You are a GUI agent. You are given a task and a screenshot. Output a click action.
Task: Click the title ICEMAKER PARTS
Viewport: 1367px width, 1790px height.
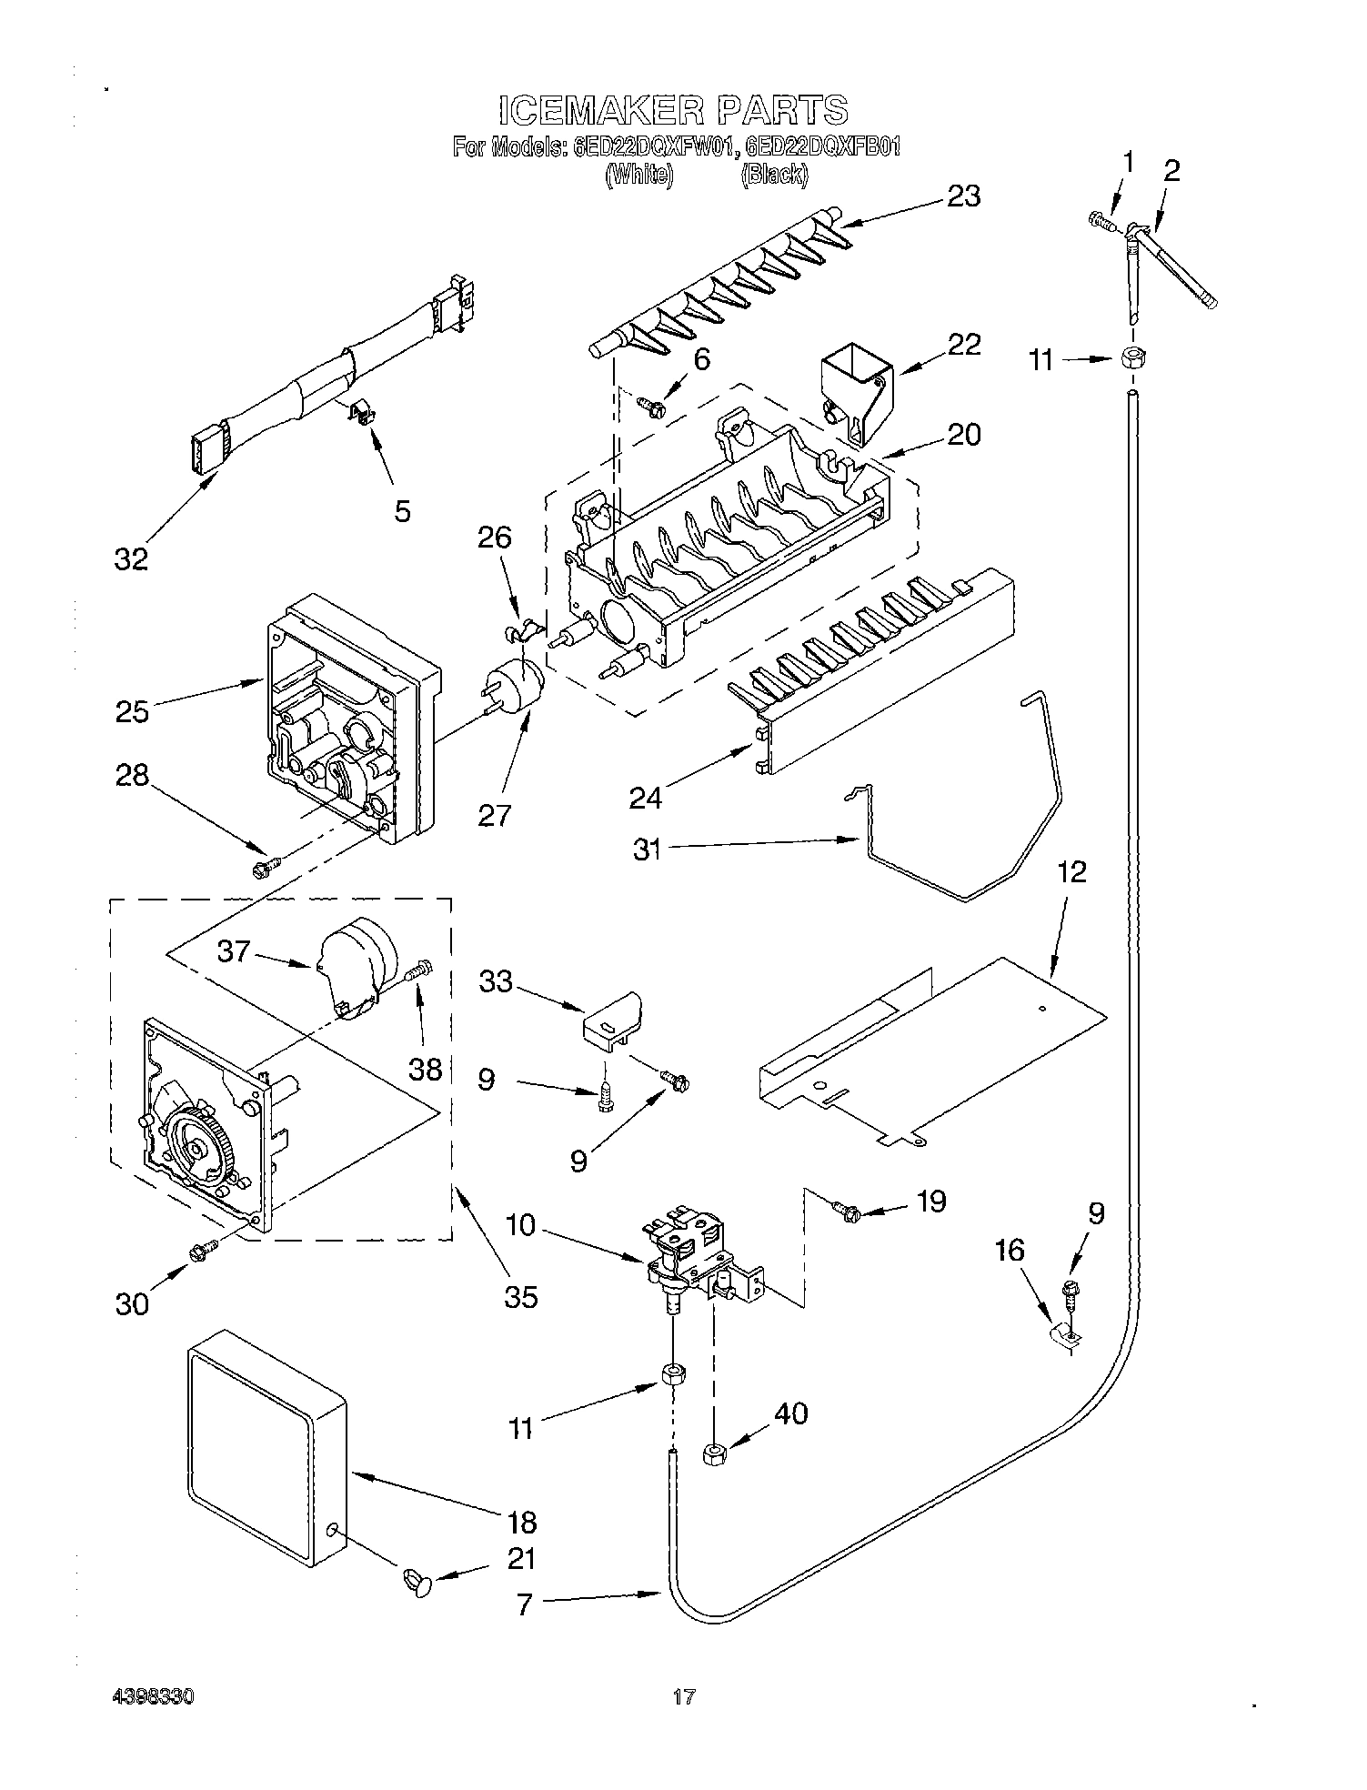click(674, 110)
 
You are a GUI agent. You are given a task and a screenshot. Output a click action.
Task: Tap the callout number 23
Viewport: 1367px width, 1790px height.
click(963, 196)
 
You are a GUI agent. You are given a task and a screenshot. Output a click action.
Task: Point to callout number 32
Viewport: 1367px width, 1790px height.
click(131, 558)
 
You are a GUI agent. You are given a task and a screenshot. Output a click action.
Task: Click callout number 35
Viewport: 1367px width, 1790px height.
click(521, 1295)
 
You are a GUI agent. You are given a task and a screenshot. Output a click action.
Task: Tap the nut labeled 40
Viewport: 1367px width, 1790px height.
click(713, 1453)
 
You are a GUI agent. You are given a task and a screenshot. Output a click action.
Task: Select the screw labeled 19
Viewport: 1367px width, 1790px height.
click(847, 1211)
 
